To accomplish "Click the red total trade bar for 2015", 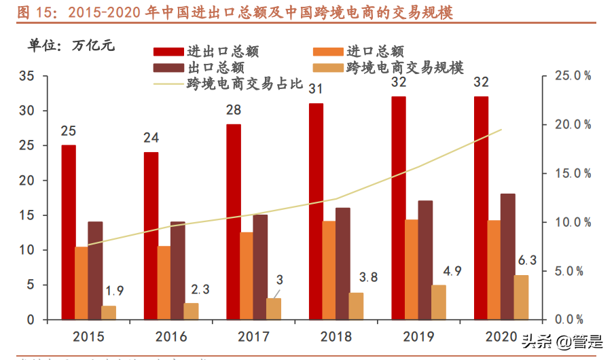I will pos(68,232).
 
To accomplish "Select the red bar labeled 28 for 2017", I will pos(233,221).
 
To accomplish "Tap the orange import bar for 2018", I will pos(328,270).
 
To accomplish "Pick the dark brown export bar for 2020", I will pos(508,256).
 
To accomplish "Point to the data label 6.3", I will pos(527,260).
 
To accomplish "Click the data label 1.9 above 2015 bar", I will pos(115,291).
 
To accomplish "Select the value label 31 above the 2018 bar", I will pos(316,89).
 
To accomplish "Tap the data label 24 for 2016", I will pos(151,138).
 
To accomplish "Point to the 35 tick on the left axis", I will pos(26,76).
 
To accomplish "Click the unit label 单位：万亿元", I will pos(71,46).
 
